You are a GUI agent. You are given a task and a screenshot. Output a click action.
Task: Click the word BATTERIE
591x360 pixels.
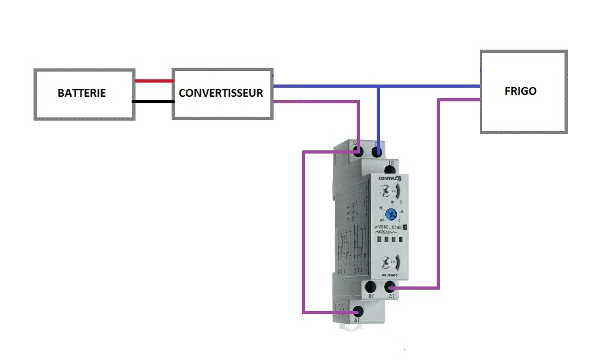81,94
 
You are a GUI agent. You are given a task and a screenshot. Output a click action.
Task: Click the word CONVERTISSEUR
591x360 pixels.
221,93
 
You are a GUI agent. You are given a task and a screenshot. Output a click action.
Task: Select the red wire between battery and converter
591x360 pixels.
154,81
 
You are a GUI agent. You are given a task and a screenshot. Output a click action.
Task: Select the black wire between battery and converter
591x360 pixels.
154,101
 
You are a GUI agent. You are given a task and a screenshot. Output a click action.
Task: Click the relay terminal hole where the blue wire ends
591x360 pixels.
378,152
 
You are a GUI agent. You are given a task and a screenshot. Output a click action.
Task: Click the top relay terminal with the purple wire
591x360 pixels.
359,152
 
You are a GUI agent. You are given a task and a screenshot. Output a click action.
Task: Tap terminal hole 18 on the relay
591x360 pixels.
370,286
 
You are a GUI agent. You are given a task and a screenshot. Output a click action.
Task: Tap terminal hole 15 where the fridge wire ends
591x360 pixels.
390,286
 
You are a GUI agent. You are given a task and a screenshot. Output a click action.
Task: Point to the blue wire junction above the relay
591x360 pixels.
378,86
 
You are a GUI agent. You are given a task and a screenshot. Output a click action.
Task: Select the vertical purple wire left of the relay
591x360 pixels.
304,232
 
